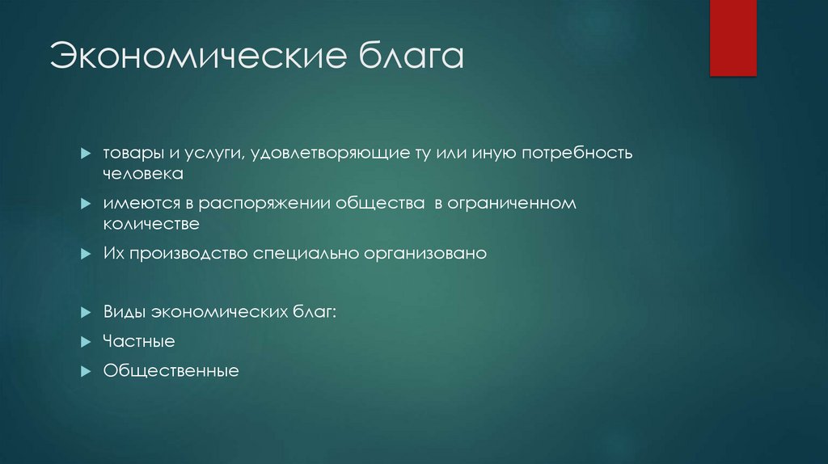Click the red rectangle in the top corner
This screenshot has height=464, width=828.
click(733, 37)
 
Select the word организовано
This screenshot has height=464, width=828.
click(429, 253)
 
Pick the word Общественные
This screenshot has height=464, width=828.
click(171, 372)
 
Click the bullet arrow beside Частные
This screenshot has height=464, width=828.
click(86, 342)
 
